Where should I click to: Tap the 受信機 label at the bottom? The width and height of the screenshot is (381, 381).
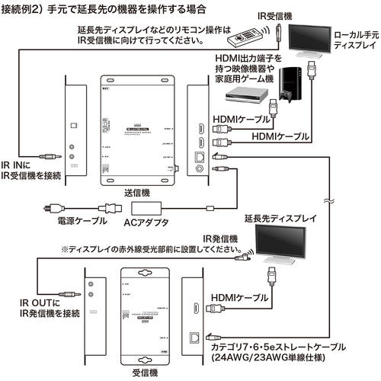tap(144, 373)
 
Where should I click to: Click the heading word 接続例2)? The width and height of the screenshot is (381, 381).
tap(27, 9)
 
